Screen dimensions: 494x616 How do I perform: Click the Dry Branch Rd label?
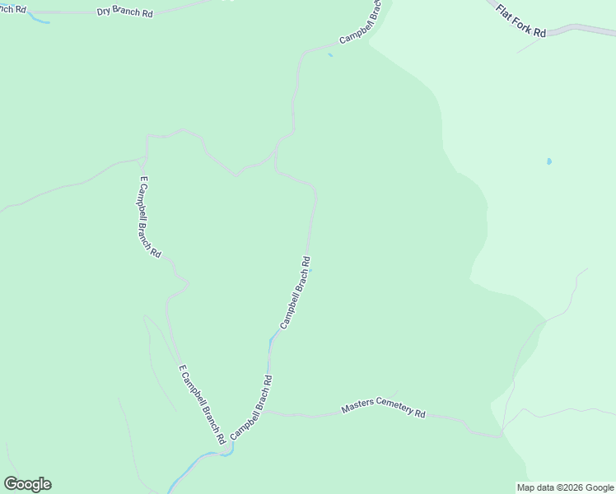click(x=124, y=12)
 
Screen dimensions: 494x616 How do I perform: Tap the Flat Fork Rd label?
click(x=521, y=19)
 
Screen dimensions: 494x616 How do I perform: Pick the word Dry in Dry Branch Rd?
click(x=105, y=12)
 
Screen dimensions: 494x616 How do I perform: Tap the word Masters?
click(x=357, y=407)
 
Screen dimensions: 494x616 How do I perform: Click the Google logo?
click(x=27, y=484)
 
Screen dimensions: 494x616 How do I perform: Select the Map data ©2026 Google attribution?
click(x=565, y=487)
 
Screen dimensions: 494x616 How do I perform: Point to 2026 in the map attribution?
click(x=571, y=487)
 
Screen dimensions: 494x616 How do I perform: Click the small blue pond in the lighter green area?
click(x=549, y=161)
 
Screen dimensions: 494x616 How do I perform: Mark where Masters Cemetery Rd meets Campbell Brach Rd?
click(x=263, y=411)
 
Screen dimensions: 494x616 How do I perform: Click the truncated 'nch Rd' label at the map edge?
click(x=12, y=9)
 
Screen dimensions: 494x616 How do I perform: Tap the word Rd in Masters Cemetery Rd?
click(x=420, y=413)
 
